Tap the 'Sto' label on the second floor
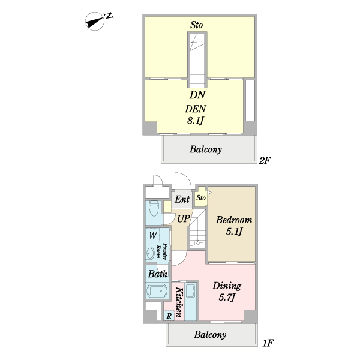196,25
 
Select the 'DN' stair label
197,95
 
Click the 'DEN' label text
196,109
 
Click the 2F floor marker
265,161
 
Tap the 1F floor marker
268,343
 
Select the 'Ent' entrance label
182,199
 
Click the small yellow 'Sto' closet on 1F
201,197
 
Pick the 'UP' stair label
183,218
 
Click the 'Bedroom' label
233,220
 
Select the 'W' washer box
154,235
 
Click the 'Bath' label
157,274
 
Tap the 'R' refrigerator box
169,316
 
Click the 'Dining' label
227,286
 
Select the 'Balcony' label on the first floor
209,335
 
